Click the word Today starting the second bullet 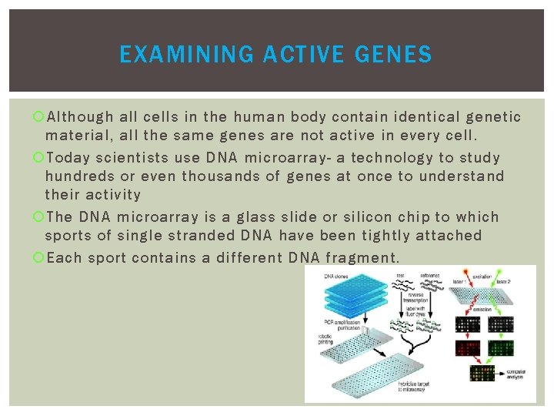(x=69, y=157)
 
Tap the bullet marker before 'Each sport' (x=39, y=257)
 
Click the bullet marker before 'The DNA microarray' (x=39, y=217)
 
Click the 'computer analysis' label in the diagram (x=516, y=374)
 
